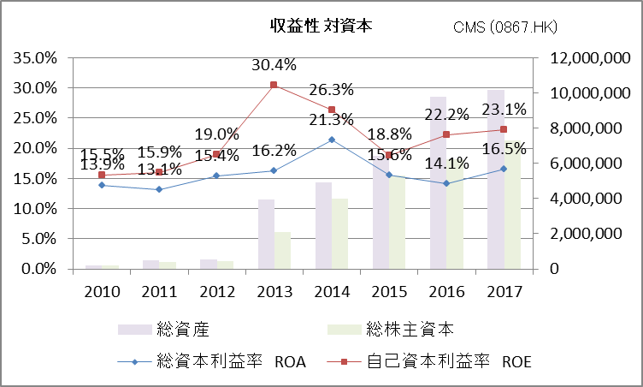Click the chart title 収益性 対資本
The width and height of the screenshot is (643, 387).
click(x=321, y=27)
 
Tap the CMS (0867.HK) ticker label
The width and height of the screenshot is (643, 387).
click(x=505, y=27)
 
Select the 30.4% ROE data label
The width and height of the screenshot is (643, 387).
click(x=274, y=64)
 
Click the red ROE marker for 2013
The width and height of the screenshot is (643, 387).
click(x=274, y=85)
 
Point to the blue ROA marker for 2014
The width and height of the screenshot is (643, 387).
click(x=332, y=140)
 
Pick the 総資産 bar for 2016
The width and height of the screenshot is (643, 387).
click(x=438, y=182)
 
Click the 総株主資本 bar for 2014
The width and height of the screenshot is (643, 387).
click(x=339, y=233)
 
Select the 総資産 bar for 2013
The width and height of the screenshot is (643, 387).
click(x=267, y=234)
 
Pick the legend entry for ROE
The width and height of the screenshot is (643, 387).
click(x=436, y=360)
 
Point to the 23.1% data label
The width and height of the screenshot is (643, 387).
click(x=504, y=110)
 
